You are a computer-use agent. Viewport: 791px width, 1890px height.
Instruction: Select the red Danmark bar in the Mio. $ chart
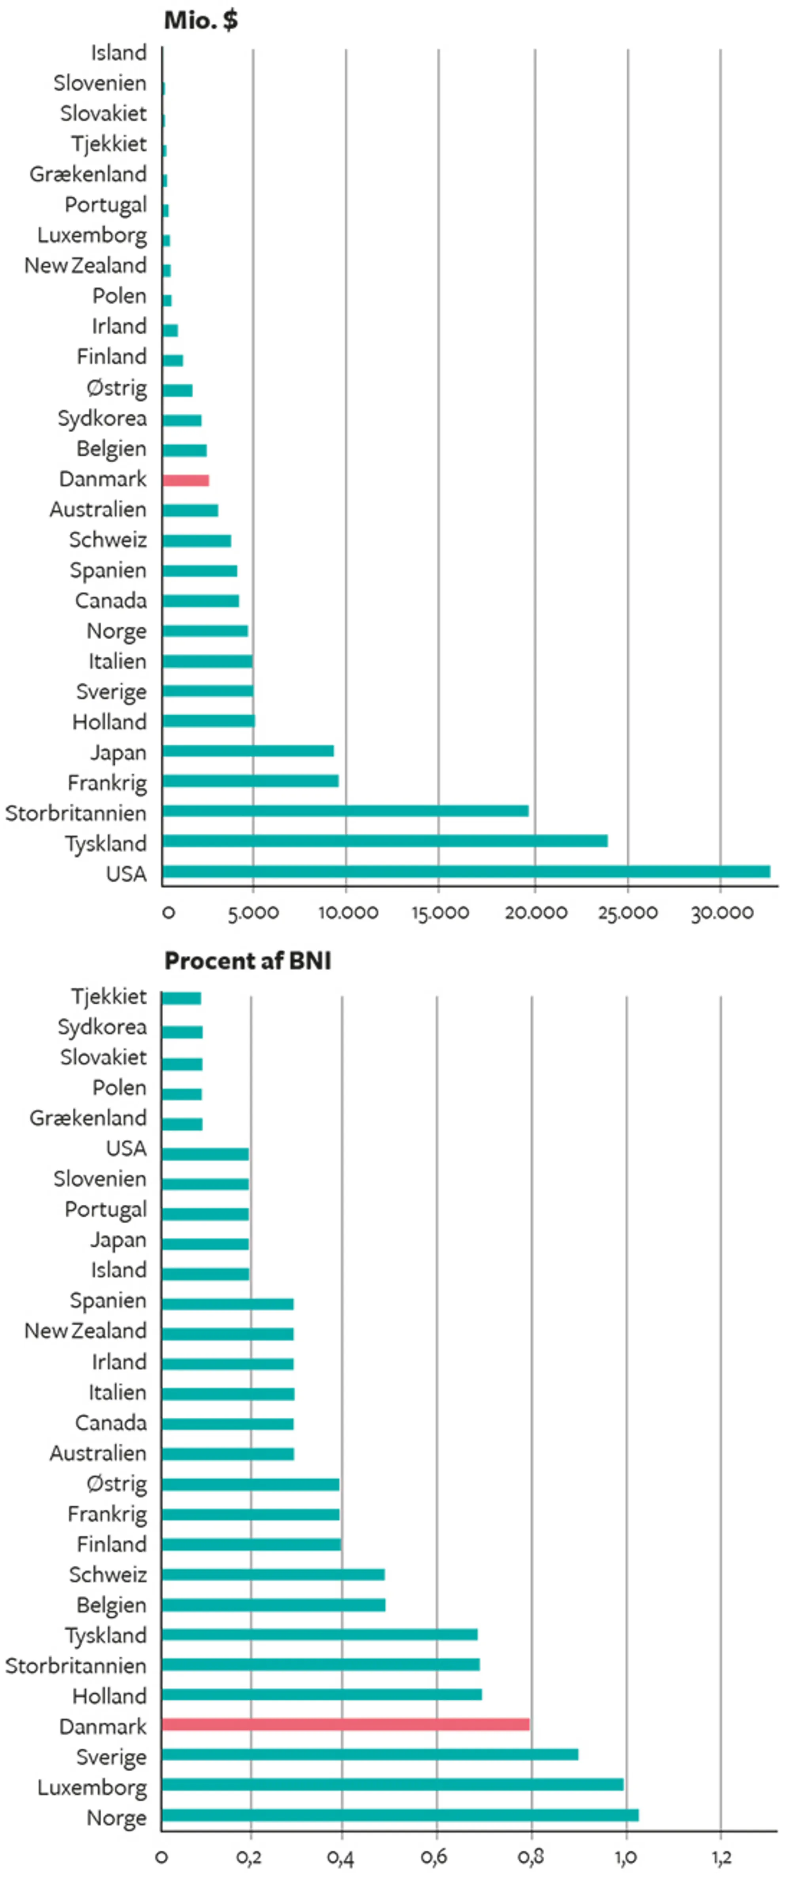(185, 481)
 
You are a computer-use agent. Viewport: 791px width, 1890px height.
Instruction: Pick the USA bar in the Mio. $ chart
(466, 872)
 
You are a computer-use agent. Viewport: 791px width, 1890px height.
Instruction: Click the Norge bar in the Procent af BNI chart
(400, 1815)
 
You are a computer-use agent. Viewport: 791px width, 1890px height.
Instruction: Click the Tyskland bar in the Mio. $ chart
(384, 841)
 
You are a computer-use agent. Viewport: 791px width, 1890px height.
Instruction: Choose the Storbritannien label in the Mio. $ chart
(76, 813)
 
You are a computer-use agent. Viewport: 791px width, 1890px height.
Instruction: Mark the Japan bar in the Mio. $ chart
(248, 750)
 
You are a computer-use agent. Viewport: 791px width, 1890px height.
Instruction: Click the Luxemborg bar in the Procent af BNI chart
(393, 1784)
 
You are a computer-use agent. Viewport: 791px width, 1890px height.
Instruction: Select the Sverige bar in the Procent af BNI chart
(370, 1754)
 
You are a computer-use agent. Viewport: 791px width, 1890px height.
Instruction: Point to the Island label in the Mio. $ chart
(118, 53)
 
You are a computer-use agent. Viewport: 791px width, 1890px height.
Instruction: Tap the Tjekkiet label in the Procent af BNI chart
(109, 996)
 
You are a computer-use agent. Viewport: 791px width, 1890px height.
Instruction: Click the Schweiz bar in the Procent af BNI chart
(273, 1574)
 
